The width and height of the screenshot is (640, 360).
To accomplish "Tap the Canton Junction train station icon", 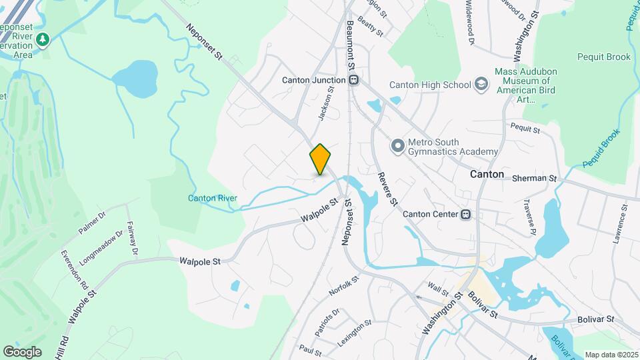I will pyautogui.click(x=355, y=80).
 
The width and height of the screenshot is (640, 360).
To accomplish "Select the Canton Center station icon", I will pyautogui.click(x=466, y=215).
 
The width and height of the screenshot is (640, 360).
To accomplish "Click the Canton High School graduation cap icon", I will pyautogui.click(x=481, y=85).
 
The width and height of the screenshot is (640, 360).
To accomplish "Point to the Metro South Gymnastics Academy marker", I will pyautogui.click(x=397, y=145).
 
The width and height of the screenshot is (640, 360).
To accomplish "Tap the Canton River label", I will pyautogui.click(x=212, y=198).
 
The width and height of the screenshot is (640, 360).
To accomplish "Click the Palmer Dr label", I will pyautogui.click(x=92, y=223).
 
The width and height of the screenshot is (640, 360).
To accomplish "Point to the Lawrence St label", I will pyautogui.click(x=621, y=223).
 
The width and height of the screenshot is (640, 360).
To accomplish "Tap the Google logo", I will pyautogui.click(x=22, y=352).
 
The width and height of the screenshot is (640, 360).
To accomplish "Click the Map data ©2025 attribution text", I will pyautogui.click(x=610, y=355).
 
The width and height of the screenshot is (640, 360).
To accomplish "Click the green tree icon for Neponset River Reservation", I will pyautogui.click(x=43, y=40).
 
